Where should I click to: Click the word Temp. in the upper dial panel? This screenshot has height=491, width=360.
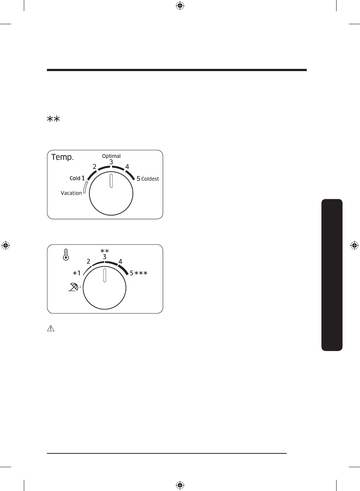(62, 157)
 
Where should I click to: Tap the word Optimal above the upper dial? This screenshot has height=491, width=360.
(111, 156)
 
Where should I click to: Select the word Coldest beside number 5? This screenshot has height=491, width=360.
(150, 179)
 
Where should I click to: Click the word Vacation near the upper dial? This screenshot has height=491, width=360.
(71, 193)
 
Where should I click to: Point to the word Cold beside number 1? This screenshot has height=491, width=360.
(75, 178)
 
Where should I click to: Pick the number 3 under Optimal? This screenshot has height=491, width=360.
(111, 162)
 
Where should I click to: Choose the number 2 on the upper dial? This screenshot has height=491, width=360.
(95, 167)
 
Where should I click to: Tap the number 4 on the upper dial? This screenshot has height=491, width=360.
(127, 167)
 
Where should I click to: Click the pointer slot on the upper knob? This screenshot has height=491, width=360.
(111, 181)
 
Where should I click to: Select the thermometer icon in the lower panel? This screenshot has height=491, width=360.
(66, 255)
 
